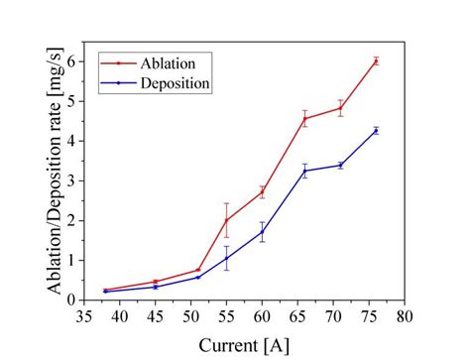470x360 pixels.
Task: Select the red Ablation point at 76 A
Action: tap(376, 60)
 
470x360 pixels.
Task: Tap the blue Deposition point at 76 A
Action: tap(376, 130)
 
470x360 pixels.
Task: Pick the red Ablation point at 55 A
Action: tap(227, 220)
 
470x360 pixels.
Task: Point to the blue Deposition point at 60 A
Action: tap(262, 232)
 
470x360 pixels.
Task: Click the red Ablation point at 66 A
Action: tap(304, 119)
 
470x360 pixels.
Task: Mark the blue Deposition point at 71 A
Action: tap(340, 165)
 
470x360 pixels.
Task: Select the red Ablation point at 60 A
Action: tap(262, 191)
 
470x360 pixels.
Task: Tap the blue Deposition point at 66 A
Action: tap(304, 171)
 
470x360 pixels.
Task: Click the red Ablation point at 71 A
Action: tap(340, 108)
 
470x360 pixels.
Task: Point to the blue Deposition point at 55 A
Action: tap(227, 258)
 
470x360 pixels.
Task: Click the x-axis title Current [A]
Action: tap(244, 345)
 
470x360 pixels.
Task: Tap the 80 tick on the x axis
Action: tap(404, 316)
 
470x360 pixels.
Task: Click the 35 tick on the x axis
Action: tap(85, 316)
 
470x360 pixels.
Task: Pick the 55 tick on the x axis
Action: tap(227, 316)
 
